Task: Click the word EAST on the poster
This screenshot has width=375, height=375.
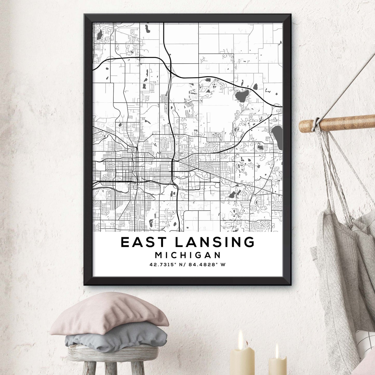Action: (x=143, y=242)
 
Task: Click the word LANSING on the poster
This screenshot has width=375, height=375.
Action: (x=215, y=242)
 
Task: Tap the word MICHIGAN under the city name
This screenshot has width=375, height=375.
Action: (x=188, y=255)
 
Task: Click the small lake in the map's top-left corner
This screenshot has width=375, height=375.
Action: (x=99, y=35)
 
